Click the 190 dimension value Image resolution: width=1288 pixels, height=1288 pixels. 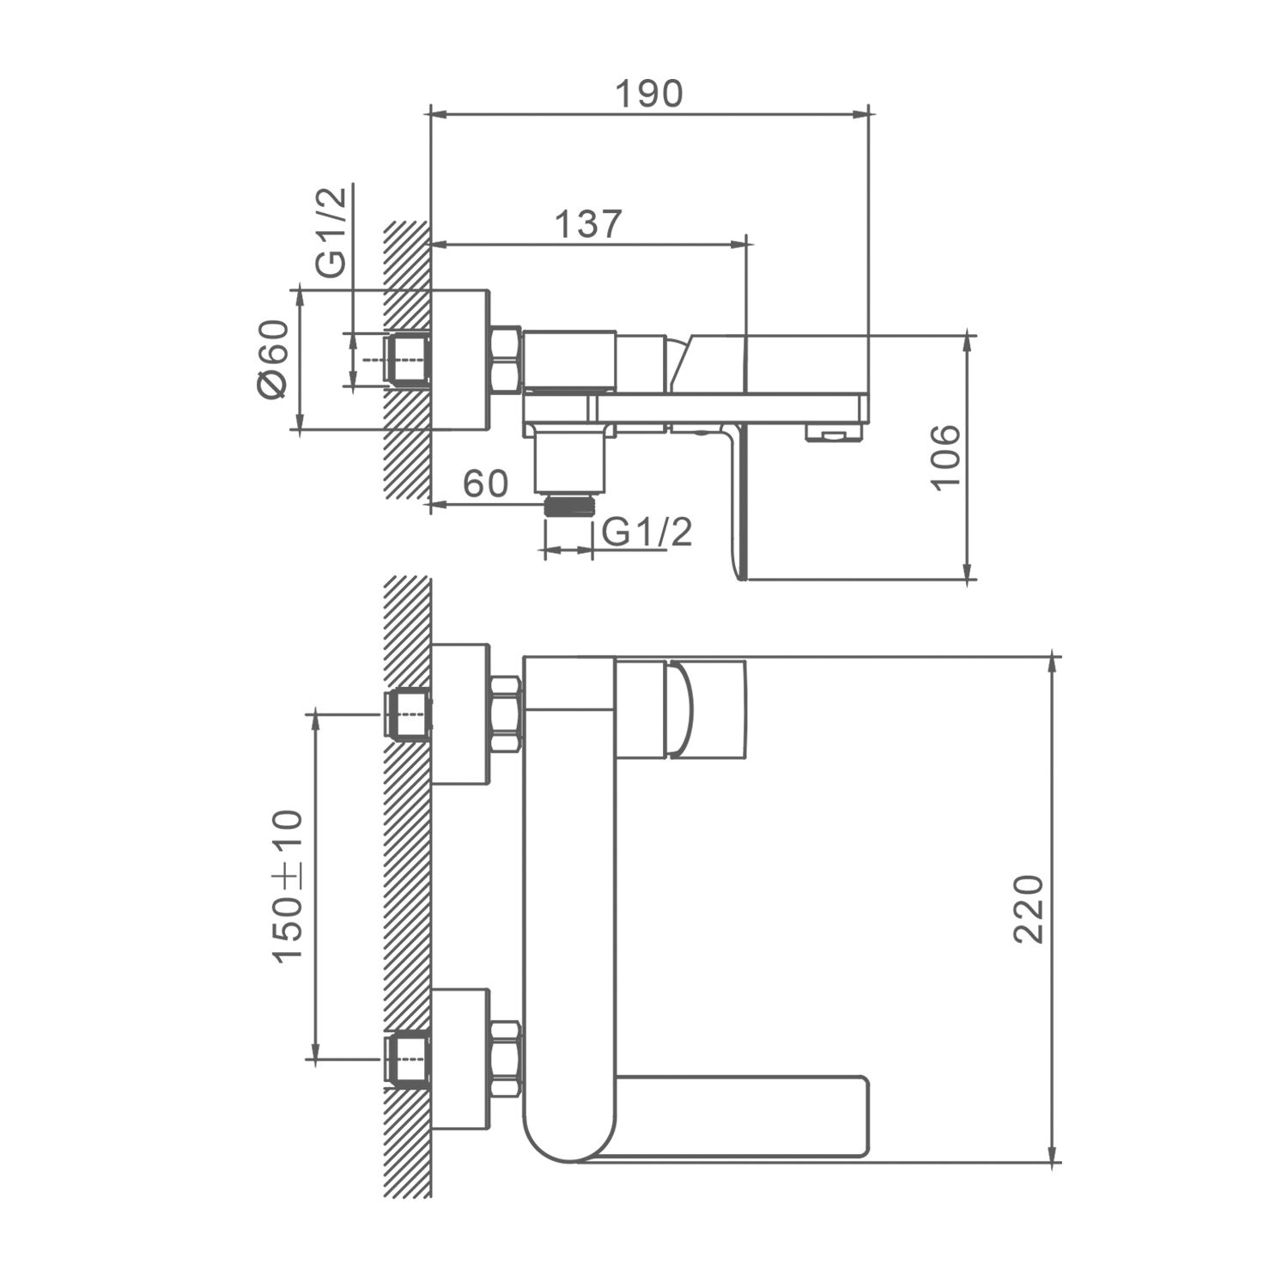coord(649,94)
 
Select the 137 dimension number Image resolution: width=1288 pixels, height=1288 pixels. coord(587,225)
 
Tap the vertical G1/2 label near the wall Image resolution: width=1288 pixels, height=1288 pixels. coord(331,232)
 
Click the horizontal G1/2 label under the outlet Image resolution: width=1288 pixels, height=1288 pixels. coord(646,533)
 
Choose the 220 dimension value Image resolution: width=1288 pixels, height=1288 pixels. coord(1028,908)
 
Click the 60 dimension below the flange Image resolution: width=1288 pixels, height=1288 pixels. coord(486,484)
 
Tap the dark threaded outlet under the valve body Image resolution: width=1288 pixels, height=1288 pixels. coord(568,504)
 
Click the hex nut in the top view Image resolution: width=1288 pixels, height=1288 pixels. coord(505,361)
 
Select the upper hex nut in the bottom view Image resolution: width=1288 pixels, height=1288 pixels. coord(505,716)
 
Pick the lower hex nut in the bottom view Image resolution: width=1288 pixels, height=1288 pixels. coord(505,1060)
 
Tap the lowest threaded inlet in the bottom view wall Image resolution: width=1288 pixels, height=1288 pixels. coord(408,1060)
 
